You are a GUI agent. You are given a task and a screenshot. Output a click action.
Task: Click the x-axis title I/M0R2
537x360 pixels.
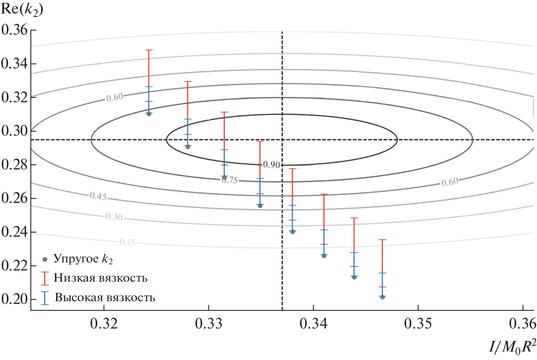click(x=512, y=347)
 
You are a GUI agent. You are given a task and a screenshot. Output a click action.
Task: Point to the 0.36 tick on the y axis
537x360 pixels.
click(x=14, y=30)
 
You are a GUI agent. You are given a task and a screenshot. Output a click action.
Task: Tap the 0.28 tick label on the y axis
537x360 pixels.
click(x=14, y=164)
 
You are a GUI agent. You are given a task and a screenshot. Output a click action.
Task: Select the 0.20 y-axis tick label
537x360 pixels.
click(x=14, y=299)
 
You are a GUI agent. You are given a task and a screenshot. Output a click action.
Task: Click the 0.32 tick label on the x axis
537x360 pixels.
click(x=104, y=324)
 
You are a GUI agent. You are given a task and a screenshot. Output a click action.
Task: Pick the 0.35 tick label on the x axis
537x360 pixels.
click(x=418, y=324)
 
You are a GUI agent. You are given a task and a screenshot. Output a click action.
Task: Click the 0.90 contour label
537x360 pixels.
click(x=271, y=165)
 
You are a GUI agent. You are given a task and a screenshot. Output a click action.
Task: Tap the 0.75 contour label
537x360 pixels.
click(x=230, y=180)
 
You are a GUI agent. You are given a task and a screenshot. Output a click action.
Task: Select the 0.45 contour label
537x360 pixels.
click(x=98, y=196)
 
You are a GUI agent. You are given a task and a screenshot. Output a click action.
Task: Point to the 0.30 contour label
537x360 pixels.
click(x=114, y=217)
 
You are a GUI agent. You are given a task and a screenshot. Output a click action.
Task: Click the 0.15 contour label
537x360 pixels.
click(x=127, y=242)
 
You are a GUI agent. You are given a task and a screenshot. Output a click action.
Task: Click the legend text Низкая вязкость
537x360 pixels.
click(x=101, y=278)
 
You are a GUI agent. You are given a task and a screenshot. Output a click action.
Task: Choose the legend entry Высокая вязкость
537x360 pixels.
click(x=105, y=297)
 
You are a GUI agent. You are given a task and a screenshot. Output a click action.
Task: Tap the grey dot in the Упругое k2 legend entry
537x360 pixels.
click(x=45, y=259)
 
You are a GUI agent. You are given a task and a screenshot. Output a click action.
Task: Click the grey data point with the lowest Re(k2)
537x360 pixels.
click(x=382, y=297)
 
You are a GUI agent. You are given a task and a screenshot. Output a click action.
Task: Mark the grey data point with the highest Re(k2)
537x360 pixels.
click(x=149, y=114)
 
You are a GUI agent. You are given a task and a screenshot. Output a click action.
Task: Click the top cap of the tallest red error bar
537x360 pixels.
click(x=149, y=50)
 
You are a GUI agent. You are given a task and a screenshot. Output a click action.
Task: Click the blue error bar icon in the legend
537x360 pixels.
click(x=45, y=298)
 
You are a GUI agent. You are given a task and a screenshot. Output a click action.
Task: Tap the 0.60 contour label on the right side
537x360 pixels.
click(x=449, y=182)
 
